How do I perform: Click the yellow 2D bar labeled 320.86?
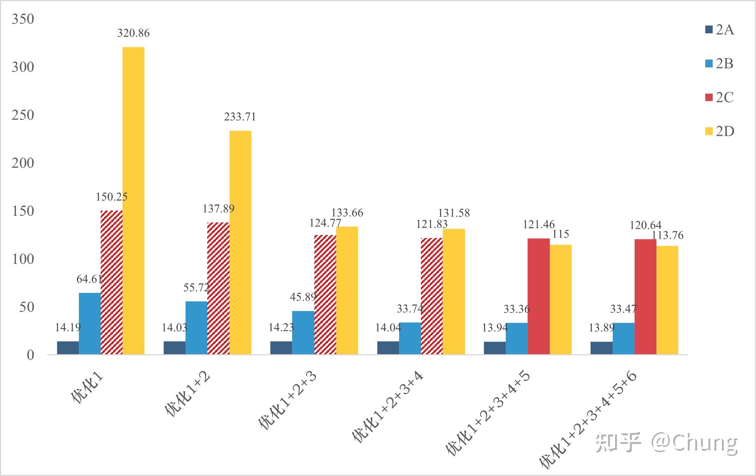[x=133, y=200]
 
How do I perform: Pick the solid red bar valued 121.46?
[x=538, y=296]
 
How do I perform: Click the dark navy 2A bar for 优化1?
[x=68, y=348]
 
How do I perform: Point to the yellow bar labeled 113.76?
[x=667, y=300]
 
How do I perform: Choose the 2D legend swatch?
[x=709, y=131]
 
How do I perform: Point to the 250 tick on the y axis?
[x=23, y=115]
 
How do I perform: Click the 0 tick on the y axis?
[x=30, y=355]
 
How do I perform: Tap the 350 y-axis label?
[x=23, y=19]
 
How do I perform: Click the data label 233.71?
[x=240, y=117]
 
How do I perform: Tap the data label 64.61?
[x=89, y=279]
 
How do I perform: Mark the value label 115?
[x=561, y=234]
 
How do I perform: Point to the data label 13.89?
[x=601, y=328]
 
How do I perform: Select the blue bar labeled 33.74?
[x=410, y=338]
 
